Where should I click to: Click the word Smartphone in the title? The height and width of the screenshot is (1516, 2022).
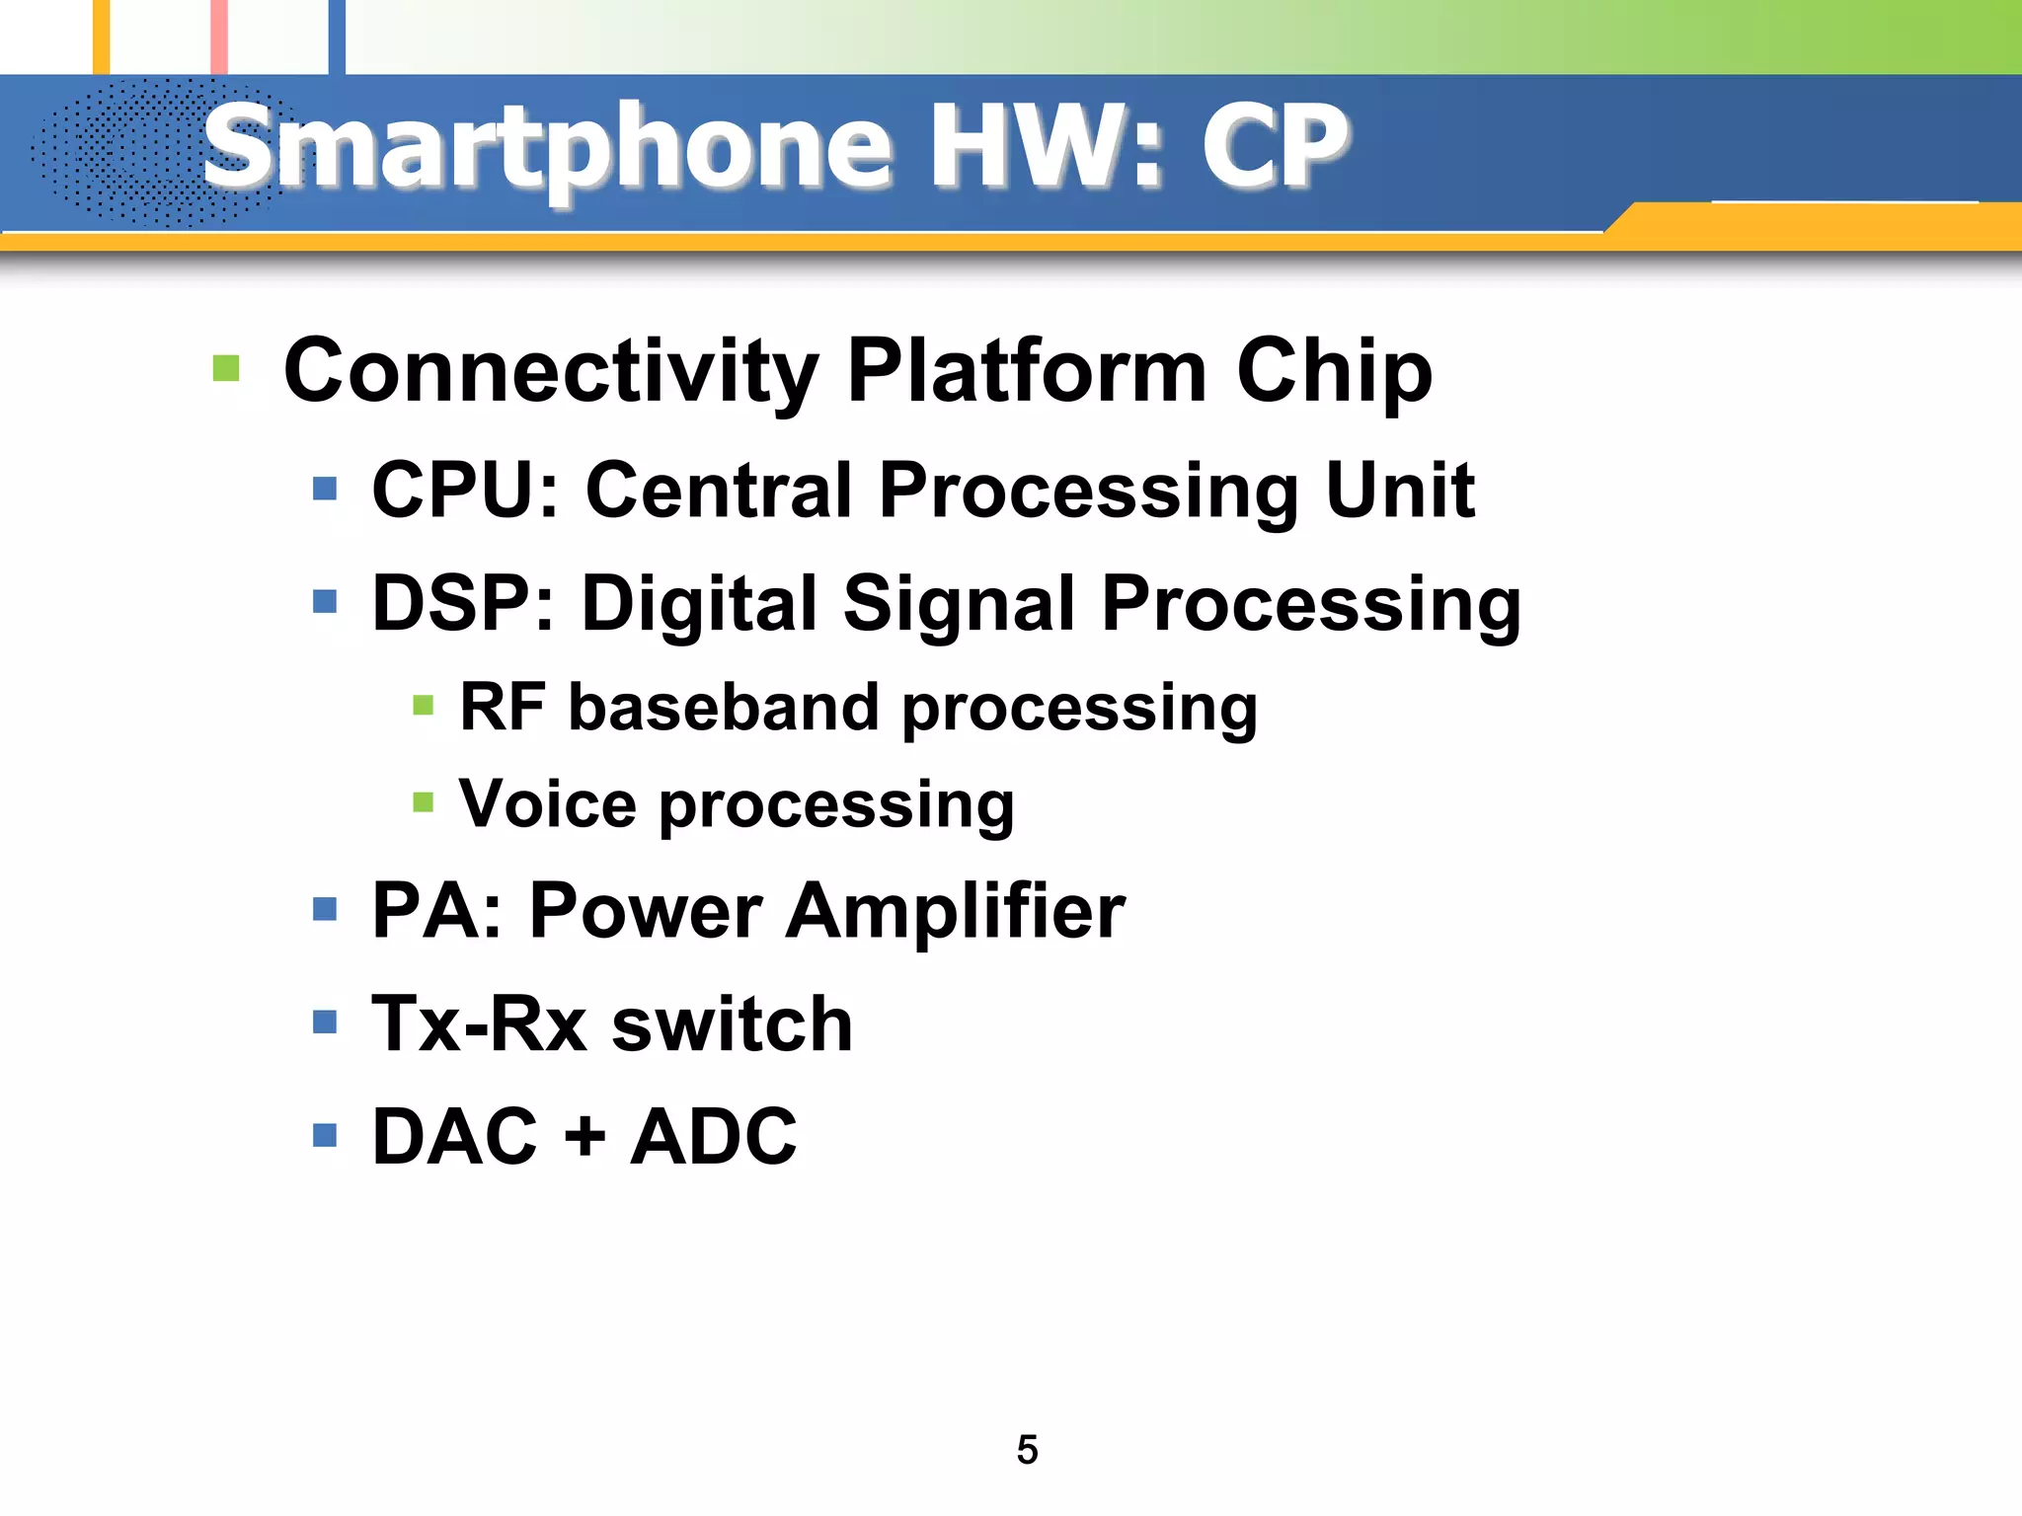548,148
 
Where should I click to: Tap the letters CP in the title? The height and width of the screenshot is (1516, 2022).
1275,148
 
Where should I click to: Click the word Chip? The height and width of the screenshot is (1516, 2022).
1334,371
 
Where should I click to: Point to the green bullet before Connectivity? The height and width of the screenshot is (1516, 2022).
226,369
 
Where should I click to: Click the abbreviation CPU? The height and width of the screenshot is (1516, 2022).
465,491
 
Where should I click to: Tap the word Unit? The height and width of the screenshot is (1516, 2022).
1399,491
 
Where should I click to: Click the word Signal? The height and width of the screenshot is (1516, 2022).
958,604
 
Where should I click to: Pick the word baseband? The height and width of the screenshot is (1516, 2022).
723,708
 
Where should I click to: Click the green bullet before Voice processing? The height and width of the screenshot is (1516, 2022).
424,801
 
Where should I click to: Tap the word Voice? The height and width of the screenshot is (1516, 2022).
548,803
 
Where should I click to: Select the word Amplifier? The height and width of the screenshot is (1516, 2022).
955,911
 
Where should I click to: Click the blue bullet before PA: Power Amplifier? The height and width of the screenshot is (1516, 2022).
325,908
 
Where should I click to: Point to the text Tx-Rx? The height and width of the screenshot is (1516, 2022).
479,1024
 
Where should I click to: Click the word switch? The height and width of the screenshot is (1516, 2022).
732,1024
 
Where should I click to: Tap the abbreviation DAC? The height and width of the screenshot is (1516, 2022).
454,1137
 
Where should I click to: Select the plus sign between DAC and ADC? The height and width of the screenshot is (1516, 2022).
584,1137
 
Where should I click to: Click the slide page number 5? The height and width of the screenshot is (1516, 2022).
1027,1450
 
